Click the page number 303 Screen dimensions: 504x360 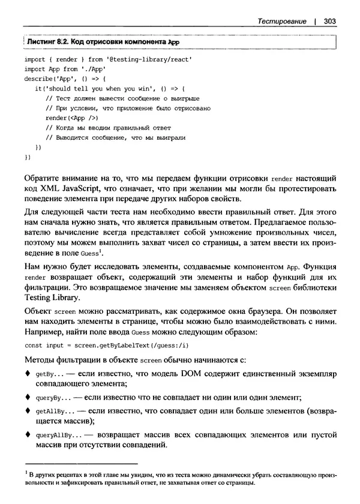[329, 21]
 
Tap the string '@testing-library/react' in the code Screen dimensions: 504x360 [140, 60]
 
